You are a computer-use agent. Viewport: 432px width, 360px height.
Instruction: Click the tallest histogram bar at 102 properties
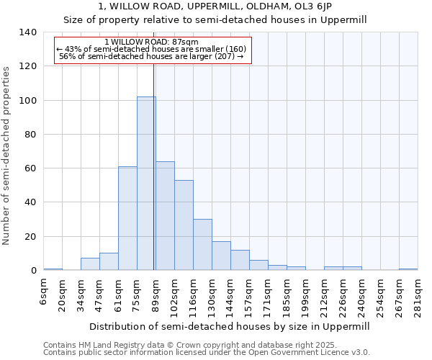pos(146,184)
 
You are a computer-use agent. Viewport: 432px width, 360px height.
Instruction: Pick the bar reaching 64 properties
pos(165,216)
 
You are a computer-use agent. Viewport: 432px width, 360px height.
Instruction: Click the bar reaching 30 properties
pos(202,245)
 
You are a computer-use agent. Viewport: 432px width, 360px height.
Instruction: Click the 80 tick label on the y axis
pos(31,135)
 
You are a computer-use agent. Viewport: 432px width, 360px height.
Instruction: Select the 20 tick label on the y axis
pos(31,237)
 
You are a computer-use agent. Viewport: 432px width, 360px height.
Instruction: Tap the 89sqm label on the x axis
pos(156,295)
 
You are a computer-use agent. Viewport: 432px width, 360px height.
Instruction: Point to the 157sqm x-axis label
pos(249,297)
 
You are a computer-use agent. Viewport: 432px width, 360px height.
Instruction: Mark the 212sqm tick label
pos(324,297)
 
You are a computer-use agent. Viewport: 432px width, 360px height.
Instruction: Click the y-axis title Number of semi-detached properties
pos(7,156)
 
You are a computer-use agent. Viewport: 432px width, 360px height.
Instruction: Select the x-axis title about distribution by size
pos(234,326)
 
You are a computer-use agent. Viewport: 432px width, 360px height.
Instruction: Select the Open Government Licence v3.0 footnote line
pos(207,353)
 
